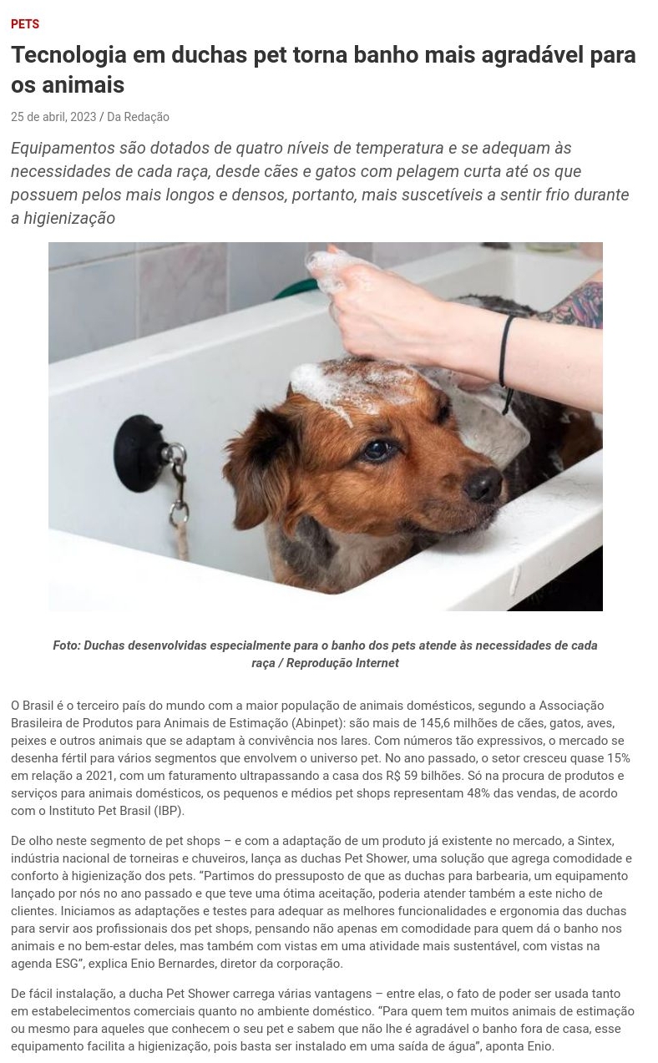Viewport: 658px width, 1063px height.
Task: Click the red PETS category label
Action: coord(25,23)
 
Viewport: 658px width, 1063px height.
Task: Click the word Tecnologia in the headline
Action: coord(68,54)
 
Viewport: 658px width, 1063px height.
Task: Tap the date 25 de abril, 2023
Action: coord(53,117)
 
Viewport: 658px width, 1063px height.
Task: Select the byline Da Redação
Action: coord(138,117)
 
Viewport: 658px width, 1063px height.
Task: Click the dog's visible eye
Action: coord(377,450)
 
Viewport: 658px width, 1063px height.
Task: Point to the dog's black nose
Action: coord(483,485)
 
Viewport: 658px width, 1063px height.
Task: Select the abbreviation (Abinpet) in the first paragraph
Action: coord(317,723)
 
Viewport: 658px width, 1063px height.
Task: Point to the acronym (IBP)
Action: coord(169,811)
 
